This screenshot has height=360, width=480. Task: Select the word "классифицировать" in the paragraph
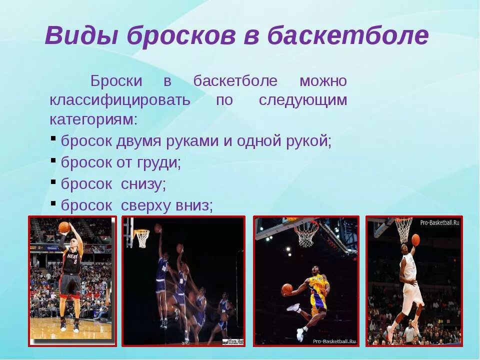pyautogui.click(x=120, y=100)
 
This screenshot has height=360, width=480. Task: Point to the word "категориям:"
pyautogui.click(x=93, y=120)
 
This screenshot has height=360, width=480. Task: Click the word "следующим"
pyautogui.click(x=302, y=100)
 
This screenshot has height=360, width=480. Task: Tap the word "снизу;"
pyautogui.click(x=143, y=184)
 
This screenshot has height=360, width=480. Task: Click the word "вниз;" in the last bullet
pyautogui.click(x=194, y=205)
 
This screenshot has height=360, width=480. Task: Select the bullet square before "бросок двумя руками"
pyautogui.click(x=53, y=138)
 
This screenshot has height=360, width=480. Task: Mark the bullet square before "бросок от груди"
pyautogui.click(x=53, y=159)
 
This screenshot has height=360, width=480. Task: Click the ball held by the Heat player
pyautogui.click(x=64, y=227)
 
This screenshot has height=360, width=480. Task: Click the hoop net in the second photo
pyautogui.click(x=142, y=238)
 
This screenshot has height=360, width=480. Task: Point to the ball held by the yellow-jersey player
pyautogui.click(x=286, y=289)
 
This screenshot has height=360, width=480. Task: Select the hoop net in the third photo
pyautogui.click(x=306, y=233)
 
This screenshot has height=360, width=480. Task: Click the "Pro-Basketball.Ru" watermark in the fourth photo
pyautogui.click(x=439, y=222)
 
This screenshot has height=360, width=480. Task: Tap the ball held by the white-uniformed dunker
pyautogui.click(x=415, y=239)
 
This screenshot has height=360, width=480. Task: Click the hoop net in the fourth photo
pyautogui.click(x=403, y=228)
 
